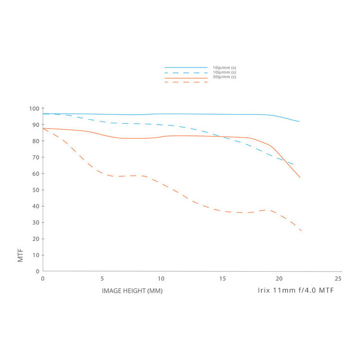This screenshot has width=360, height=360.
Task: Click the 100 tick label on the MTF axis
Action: pyautogui.click(x=34, y=108)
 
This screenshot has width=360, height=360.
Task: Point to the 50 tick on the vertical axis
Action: pyautogui.click(x=35, y=190)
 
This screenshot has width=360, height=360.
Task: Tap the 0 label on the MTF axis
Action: pyautogui.click(x=37, y=271)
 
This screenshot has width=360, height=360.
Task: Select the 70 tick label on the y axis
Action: pyautogui.click(x=35, y=157)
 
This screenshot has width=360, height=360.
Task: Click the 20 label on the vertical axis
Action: pyautogui.click(x=35, y=239)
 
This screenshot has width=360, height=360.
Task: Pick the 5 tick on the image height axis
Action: pyautogui.click(x=102, y=278)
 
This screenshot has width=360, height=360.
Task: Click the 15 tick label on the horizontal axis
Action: pyautogui.click(x=220, y=278)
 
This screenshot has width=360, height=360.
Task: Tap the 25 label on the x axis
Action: pyautogui.click(x=338, y=278)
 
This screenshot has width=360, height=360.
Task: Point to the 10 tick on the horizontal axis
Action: pyautogui.click(x=161, y=278)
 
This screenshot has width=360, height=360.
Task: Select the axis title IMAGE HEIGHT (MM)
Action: pyautogui.click(x=132, y=291)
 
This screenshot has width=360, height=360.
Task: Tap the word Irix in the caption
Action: pyautogui.click(x=264, y=291)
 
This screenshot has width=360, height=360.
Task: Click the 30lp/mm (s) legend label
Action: pyautogui.click(x=224, y=77)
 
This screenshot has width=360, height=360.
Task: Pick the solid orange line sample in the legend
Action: pyautogui.click(x=186, y=78)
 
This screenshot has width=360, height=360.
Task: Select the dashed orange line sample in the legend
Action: pyautogui.click(x=186, y=82)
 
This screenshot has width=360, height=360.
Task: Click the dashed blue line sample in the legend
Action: pyautogui.click(x=186, y=72)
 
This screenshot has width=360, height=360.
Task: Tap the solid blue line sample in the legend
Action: pyautogui.click(x=186, y=68)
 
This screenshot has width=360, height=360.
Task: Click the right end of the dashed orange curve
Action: pyautogui.click(x=301, y=231)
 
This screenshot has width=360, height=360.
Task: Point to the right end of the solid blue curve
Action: pyautogui.click(x=300, y=121)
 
